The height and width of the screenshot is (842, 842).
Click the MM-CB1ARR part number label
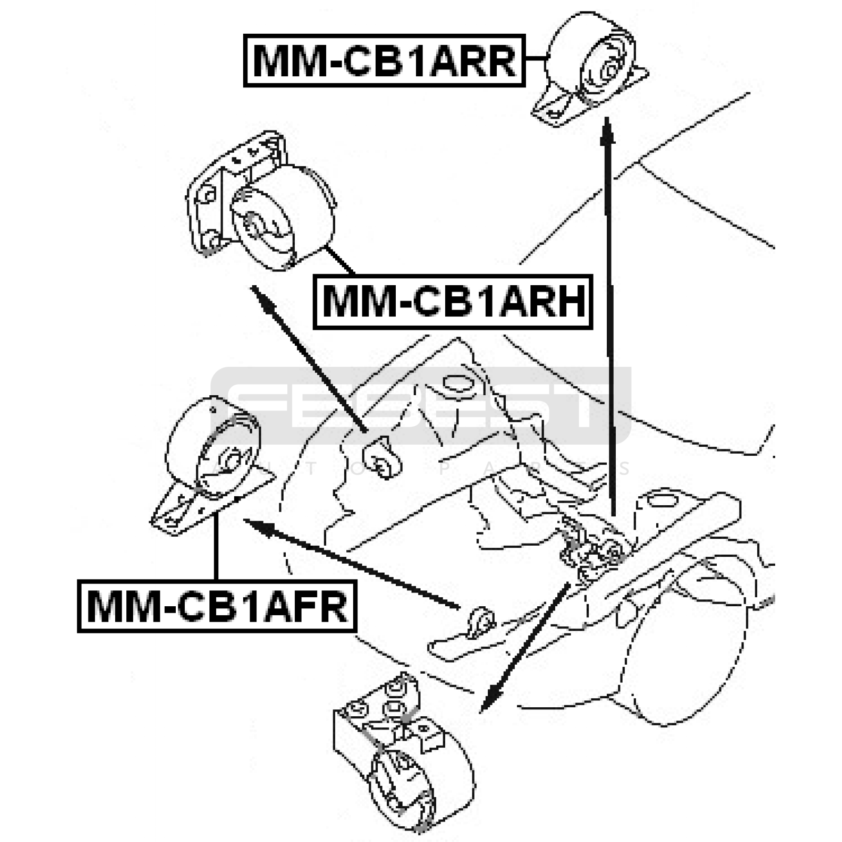(x=384, y=61)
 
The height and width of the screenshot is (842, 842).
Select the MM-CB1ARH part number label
(x=453, y=302)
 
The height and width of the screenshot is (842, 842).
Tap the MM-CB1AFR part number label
(x=217, y=606)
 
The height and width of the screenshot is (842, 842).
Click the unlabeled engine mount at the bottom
(x=403, y=758)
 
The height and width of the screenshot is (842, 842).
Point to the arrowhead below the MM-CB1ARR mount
(x=607, y=129)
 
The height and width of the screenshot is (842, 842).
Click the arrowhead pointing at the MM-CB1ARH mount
(x=262, y=297)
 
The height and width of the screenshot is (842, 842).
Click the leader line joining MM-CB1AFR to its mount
(x=216, y=547)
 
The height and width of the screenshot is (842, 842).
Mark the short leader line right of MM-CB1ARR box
(x=536, y=59)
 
